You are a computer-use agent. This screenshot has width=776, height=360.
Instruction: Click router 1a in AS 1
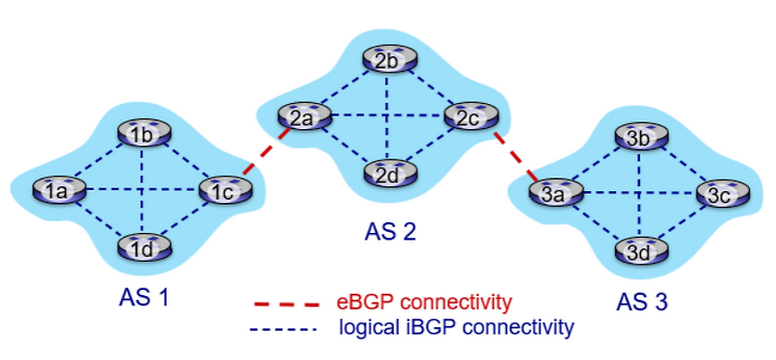[x=54, y=191]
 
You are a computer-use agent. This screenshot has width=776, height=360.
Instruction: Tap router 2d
[x=388, y=175]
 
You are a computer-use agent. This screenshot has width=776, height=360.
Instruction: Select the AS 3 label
[x=643, y=302]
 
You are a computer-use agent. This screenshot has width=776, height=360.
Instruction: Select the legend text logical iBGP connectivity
[x=456, y=327]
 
